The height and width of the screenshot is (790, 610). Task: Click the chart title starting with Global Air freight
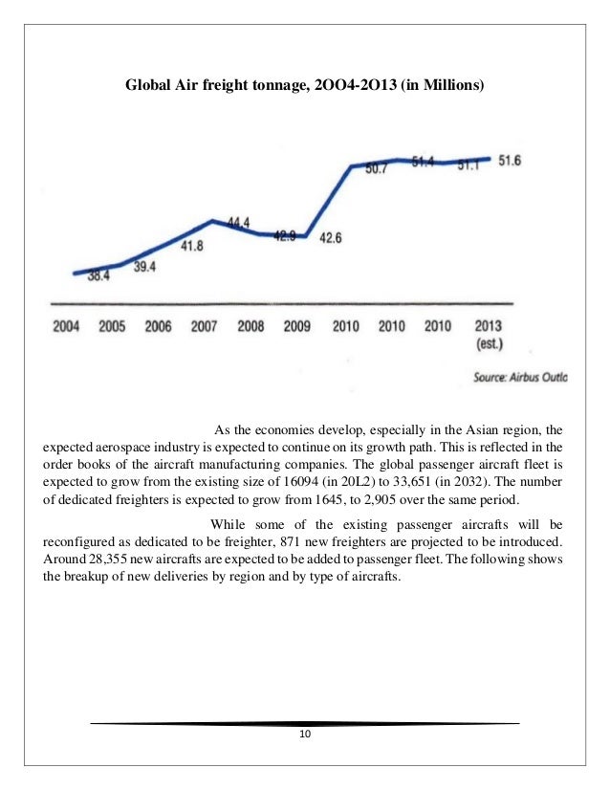tap(305, 87)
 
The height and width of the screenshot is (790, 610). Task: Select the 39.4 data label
tap(144, 267)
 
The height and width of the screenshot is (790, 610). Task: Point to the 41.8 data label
tap(192, 246)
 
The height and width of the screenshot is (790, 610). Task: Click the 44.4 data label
tap(238, 223)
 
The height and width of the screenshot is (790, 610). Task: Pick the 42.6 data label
tap(330, 238)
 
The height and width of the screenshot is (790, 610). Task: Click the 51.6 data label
tap(508, 161)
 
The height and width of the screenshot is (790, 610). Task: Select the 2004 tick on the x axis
tap(65, 326)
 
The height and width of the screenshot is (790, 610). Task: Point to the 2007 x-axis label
tap(204, 326)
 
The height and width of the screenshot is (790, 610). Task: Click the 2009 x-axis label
tap(296, 326)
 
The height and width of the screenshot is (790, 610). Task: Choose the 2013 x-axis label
tap(489, 326)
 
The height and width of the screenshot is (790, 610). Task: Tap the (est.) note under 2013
tap(489, 342)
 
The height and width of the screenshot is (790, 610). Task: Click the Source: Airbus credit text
tap(519, 378)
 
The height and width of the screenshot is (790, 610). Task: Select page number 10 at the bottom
tap(305, 734)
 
